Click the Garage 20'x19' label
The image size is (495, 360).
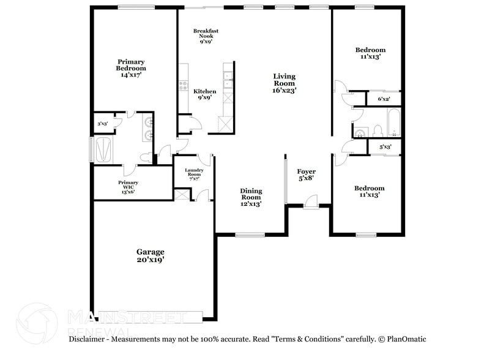pyautogui.click(x=150, y=255)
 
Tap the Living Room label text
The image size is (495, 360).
pyautogui.click(x=284, y=83)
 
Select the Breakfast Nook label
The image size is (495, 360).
pyautogui.click(x=206, y=36)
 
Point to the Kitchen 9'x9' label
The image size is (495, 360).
pyautogui.click(x=205, y=94)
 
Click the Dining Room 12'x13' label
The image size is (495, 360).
pyautogui.click(x=251, y=197)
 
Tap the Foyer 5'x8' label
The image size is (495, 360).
pyautogui.click(x=307, y=175)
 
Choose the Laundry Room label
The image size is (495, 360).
pyautogui.click(x=193, y=174)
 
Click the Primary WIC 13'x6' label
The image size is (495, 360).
pyautogui.click(x=128, y=187)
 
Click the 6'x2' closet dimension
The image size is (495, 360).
pyautogui.click(x=384, y=99)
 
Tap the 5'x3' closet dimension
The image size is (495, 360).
pyautogui.click(x=385, y=147)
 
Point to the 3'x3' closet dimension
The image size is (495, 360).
pyautogui.click(x=102, y=124)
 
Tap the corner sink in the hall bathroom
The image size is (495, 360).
pyautogui.click(x=360, y=131)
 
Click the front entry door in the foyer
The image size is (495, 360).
pyautogui.click(x=311, y=203)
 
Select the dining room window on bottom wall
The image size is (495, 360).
pyautogui.click(x=250, y=235)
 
